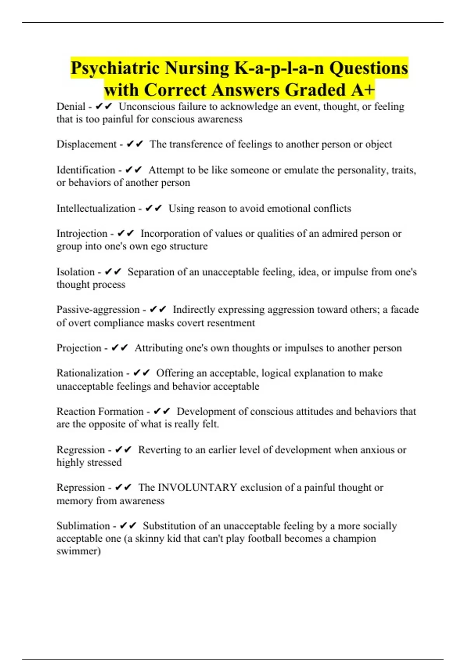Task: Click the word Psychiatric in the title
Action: [x=115, y=68]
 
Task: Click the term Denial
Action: [x=71, y=106]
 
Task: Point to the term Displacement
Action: [x=86, y=144]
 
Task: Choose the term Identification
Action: [x=86, y=170]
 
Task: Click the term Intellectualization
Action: [x=96, y=208]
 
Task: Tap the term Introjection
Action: [x=82, y=233]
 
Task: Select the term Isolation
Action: [x=75, y=272]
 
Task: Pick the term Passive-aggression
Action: [x=98, y=309]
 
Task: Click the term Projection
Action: [x=79, y=348]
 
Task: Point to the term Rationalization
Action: [x=90, y=373]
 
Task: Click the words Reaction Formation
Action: [x=100, y=411]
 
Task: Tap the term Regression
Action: [x=80, y=450]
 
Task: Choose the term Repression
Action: [x=80, y=487]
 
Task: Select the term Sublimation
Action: [x=83, y=526]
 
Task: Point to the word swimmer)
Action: [x=78, y=551]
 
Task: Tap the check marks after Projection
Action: [x=120, y=348]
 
